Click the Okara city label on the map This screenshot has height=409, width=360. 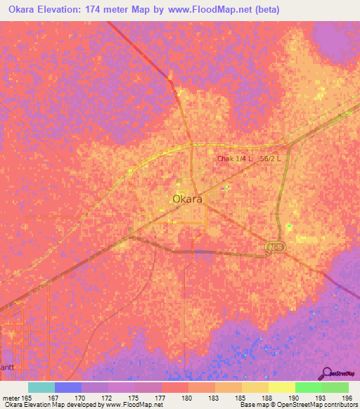[x=188, y=199]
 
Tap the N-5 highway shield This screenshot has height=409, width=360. [x=275, y=248]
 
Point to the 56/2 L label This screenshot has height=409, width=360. [x=270, y=159]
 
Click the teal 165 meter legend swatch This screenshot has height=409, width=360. [x=41, y=387]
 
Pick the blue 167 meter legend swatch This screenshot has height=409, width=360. [x=68, y=387]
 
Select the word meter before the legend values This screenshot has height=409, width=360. [x=12, y=397]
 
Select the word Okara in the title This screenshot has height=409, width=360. [x=24, y=10]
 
